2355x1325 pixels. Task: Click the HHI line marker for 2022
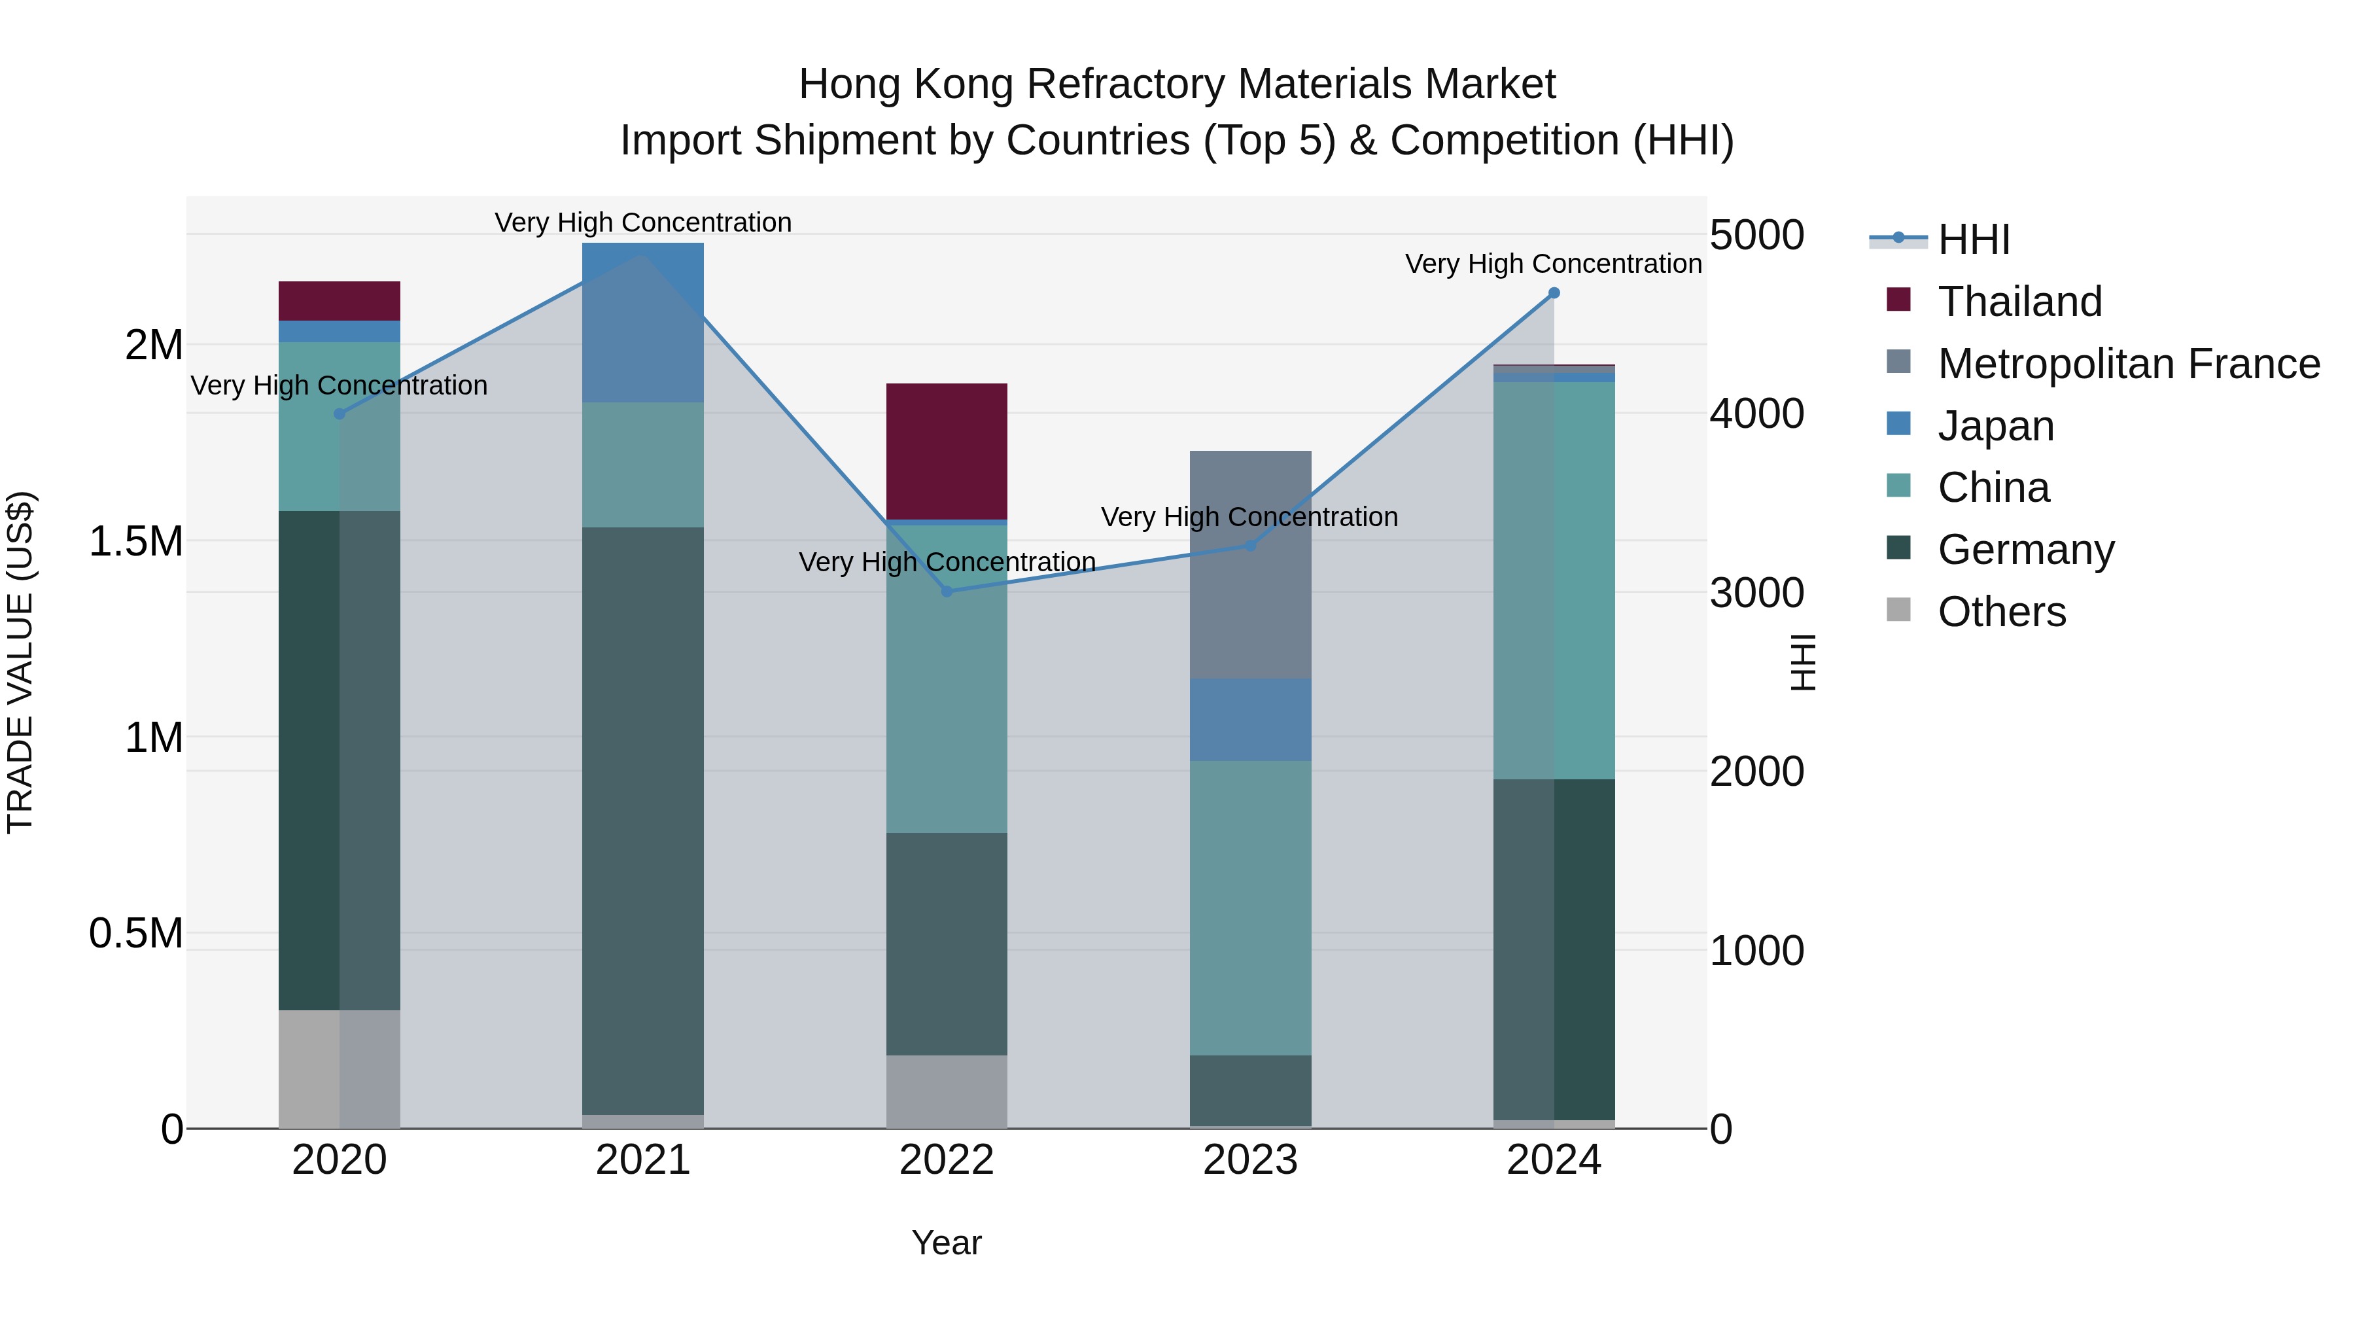[947, 592]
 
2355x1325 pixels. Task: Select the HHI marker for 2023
[1251, 546]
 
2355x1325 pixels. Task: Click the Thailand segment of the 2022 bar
[947, 451]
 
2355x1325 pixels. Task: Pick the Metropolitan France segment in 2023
[1251, 564]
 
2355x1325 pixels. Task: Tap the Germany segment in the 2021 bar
[642, 821]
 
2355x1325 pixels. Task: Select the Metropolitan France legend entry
[2128, 364]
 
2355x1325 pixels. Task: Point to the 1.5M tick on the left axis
[136, 541]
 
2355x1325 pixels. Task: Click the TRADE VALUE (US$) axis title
[20, 662]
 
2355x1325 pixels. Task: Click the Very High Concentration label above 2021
[642, 222]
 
